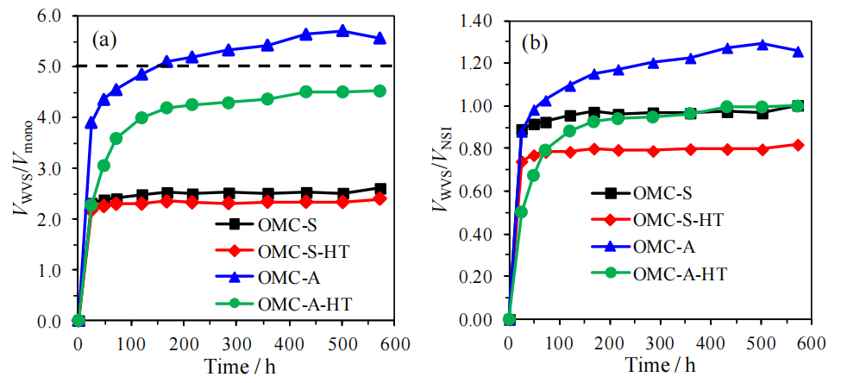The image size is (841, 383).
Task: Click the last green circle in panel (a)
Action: tap(380, 91)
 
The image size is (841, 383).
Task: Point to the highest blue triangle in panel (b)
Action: tap(762, 43)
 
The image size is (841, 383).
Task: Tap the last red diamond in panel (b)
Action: tap(798, 145)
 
